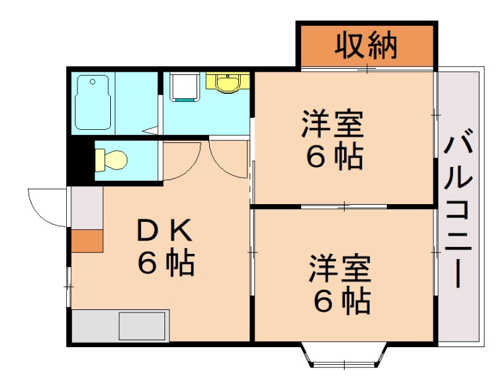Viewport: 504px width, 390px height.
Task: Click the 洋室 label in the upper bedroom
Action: (332, 124)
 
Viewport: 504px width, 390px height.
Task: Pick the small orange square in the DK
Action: (86, 241)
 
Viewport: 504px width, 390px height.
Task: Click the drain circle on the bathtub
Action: (92, 81)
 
